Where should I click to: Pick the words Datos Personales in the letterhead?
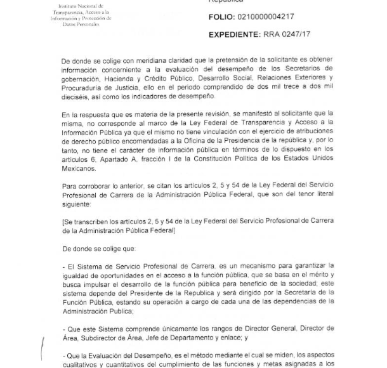pyautogui.click(x=80, y=24)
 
